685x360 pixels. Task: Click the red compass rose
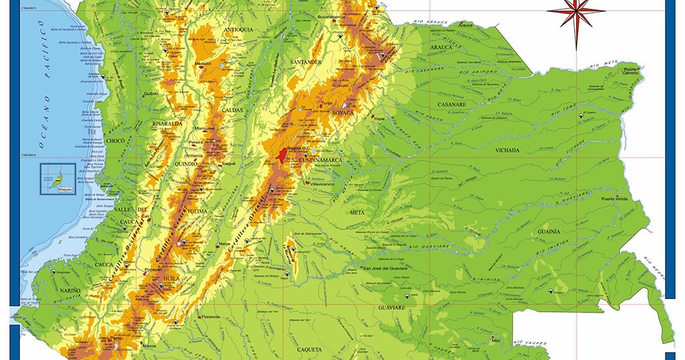[x=567, y=13]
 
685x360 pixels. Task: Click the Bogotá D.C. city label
[x=295, y=148]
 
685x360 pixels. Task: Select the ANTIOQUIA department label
[x=238, y=30]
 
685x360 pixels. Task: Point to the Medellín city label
[x=203, y=64]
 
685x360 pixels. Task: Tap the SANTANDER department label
[x=306, y=62]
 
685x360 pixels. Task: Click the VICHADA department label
[x=507, y=151]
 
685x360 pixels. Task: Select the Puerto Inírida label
[x=617, y=199]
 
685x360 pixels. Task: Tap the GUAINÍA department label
[x=548, y=232]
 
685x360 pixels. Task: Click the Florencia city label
[x=210, y=317]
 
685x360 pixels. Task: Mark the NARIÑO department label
[x=68, y=291]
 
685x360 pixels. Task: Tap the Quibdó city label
[x=151, y=94]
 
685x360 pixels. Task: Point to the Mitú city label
[x=496, y=341]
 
